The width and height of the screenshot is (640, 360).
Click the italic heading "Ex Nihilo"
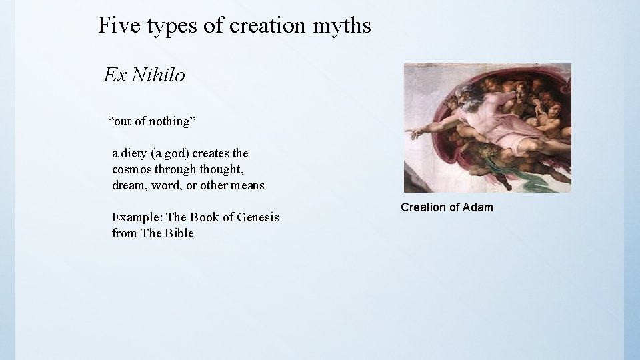click(144, 75)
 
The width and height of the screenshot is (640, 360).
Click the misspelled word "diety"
click(136, 153)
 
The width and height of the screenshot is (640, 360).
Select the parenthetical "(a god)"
click(174, 153)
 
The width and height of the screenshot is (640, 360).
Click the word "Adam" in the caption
click(478, 207)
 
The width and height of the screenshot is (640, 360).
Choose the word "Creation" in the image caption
click(423, 207)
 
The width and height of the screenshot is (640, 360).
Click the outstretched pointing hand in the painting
click(417, 133)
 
